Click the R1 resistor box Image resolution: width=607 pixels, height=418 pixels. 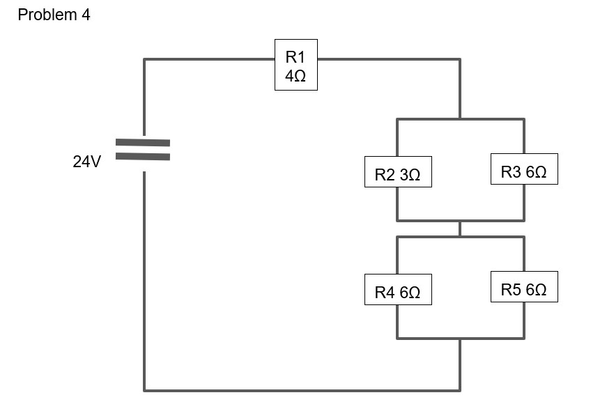pos(295,64)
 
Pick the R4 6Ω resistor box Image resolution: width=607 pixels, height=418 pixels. pos(397,292)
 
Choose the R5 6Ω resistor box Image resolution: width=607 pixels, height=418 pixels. pos(523,288)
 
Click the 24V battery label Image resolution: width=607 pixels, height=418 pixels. pos(86,162)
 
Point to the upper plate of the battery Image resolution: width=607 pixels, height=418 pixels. pos(143,142)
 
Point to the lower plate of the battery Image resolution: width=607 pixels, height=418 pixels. pos(143,156)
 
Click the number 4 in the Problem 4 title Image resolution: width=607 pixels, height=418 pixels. pos(86,15)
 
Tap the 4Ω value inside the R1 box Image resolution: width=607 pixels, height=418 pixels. pos(295,77)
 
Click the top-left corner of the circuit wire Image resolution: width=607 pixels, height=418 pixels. pos(144,59)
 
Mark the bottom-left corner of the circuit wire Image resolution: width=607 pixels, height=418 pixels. pos(144,389)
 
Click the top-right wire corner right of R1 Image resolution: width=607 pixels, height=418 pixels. pos(460,59)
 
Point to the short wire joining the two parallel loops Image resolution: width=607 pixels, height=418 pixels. pos(460,229)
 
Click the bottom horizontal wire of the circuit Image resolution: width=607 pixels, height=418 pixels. pos(300,389)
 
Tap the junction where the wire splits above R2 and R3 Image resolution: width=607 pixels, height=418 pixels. pos(460,119)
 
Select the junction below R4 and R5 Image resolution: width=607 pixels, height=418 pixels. pos(460,339)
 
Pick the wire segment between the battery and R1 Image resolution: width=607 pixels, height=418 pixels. pos(209,59)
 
